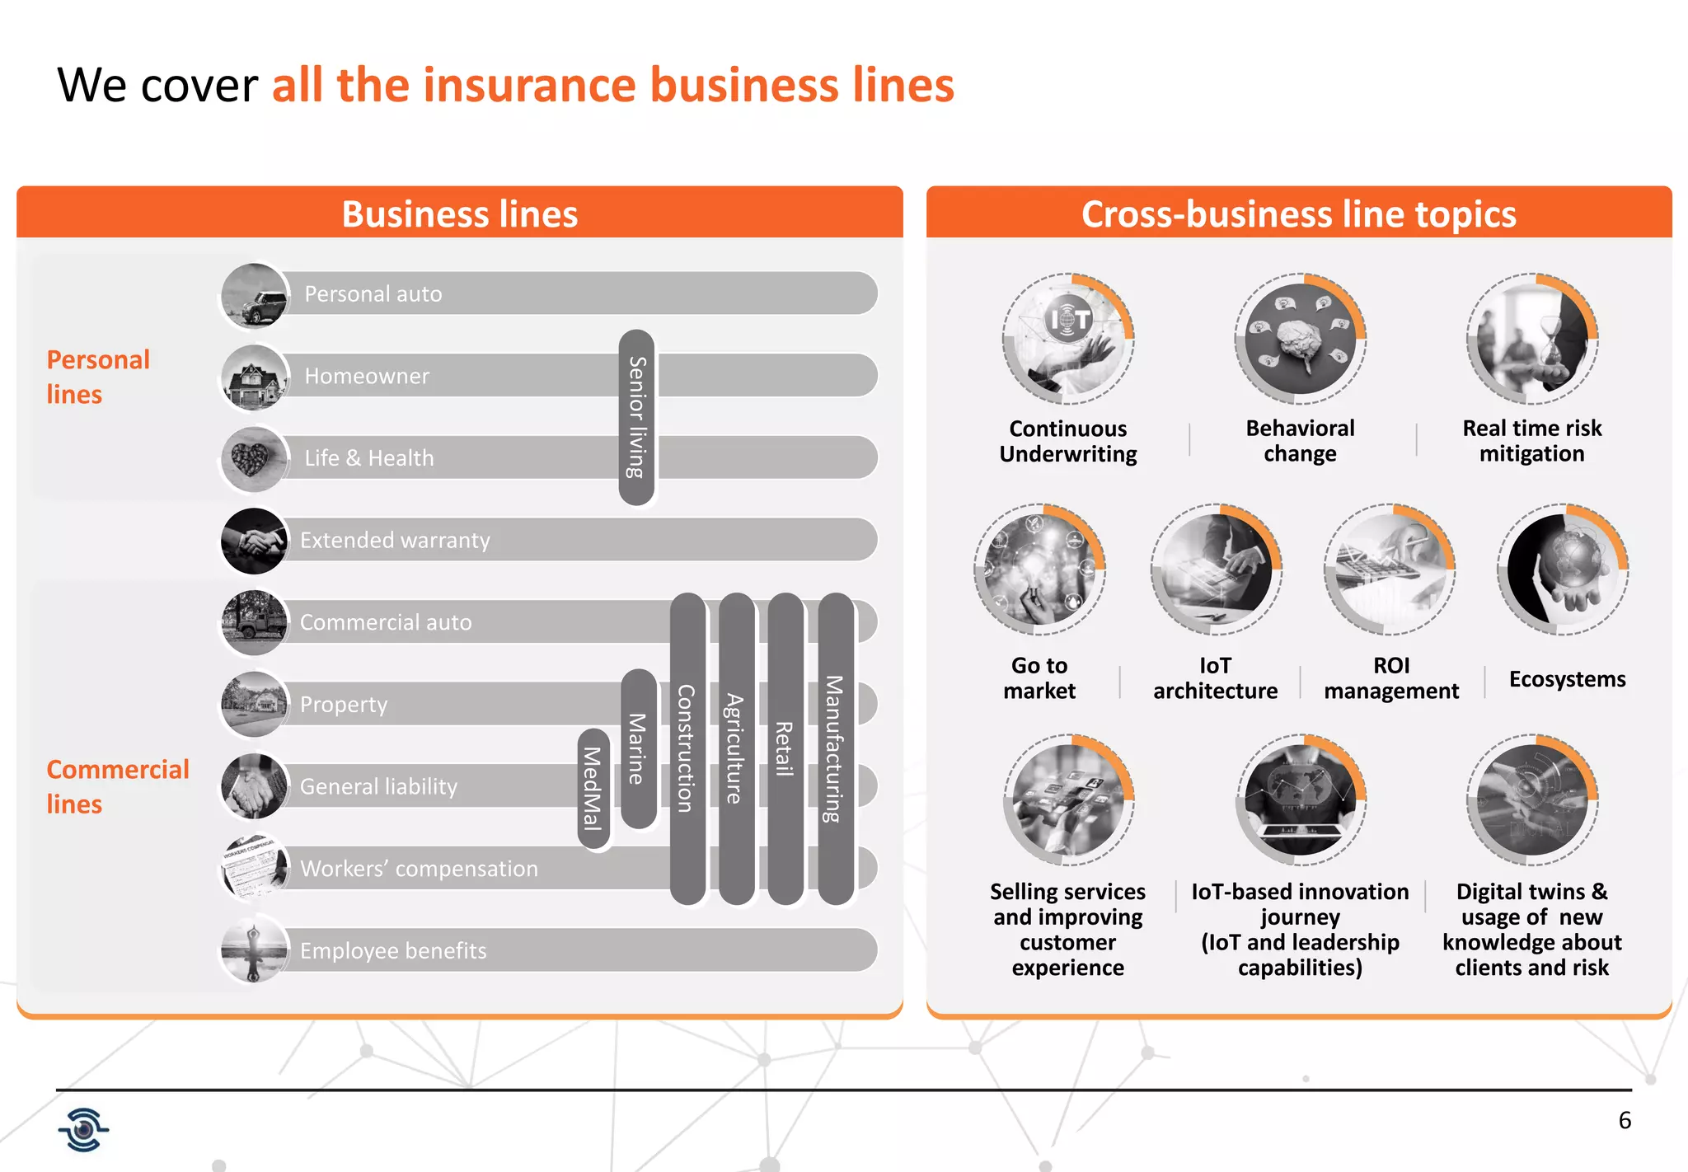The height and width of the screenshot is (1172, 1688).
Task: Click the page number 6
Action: point(1625,1120)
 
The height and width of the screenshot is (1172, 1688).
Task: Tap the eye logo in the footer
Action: point(83,1129)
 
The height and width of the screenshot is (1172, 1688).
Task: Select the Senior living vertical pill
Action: point(636,417)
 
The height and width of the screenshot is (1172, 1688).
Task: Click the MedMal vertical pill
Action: point(593,789)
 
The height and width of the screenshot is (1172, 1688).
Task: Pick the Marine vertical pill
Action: point(637,748)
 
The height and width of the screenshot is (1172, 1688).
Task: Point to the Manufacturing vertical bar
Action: point(835,748)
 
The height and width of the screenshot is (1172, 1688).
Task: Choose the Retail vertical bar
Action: point(785,748)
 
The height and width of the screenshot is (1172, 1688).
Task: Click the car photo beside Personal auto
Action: point(256,296)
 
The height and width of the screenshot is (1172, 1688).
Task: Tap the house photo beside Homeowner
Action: point(256,377)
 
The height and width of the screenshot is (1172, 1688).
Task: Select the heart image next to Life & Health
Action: point(254,458)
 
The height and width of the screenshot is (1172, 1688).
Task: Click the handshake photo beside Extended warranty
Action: point(255,541)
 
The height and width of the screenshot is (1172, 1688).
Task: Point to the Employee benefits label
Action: point(393,951)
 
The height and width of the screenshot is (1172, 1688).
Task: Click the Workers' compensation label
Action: point(419,869)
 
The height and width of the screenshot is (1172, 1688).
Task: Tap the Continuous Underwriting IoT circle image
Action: point(1068,339)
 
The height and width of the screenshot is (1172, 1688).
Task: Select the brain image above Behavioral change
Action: point(1300,339)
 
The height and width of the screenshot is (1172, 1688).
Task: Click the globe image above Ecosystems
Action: point(1562,570)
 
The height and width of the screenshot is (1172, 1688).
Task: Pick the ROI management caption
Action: point(1391,678)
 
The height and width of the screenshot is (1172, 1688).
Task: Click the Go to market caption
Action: point(1039,678)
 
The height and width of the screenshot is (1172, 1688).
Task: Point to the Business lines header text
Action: point(460,214)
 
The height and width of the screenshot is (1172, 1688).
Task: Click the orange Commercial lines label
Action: point(118,786)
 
